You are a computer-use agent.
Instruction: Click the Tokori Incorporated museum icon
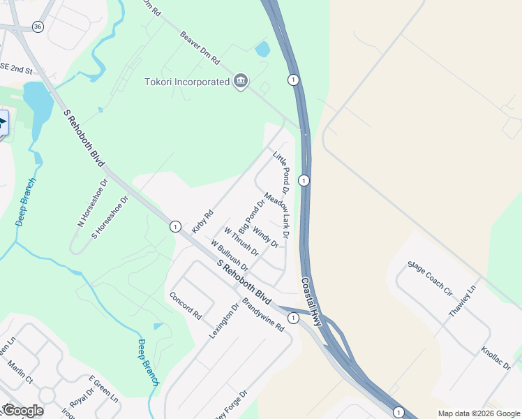pyautogui.click(x=241, y=82)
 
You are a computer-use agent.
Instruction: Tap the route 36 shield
pyautogui.click(x=37, y=27)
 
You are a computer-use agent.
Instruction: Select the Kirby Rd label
pyautogui.click(x=201, y=222)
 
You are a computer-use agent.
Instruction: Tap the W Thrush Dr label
pyautogui.click(x=241, y=241)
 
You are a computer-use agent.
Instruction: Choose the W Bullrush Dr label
pyautogui.click(x=230, y=255)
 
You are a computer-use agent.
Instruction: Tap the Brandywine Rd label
pyautogui.click(x=264, y=315)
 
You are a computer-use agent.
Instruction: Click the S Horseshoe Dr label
pyautogui.click(x=110, y=218)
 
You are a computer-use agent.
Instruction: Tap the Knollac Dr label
pyautogui.click(x=496, y=360)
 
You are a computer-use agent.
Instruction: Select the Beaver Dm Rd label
pyautogui.click(x=200, y=47)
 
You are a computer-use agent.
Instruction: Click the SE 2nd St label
pyautogui.click(x=16, y=68)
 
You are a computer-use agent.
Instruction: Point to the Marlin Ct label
pyautogui.click(x=20, y=372)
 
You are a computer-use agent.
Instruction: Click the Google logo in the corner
pyautogui.click(x=22, y=411)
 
